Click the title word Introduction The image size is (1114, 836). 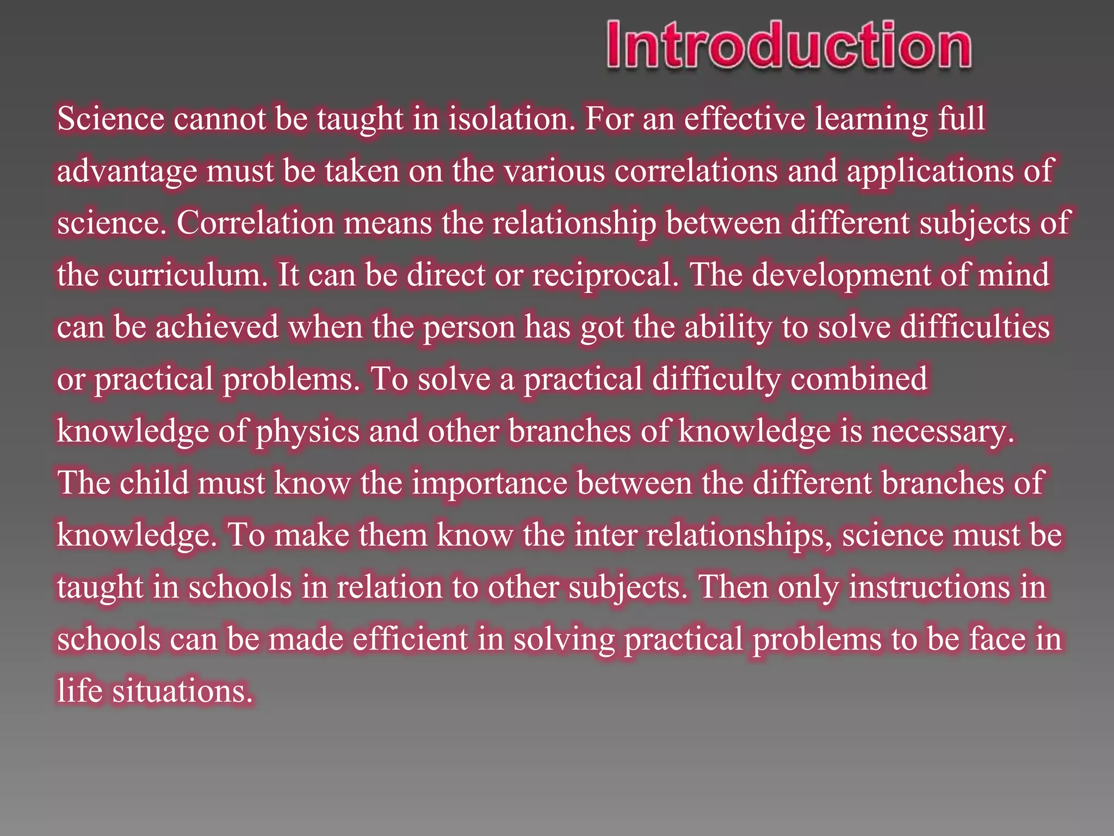click(x=789, y=46)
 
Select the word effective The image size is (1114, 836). click(x=744, y=118)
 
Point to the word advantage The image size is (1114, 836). click(x=127, y=171)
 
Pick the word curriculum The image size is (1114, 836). click(x=188, y=275)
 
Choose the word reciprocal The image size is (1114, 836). click(x=605, y=275)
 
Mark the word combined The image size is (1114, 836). click(x=859, y=378)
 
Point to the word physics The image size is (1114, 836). click(x=308, y=432)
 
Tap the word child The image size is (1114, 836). click(x=154, y=483)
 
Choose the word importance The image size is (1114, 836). click(x=490, y=483)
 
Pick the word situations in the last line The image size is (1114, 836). click(x=183, y=691)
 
